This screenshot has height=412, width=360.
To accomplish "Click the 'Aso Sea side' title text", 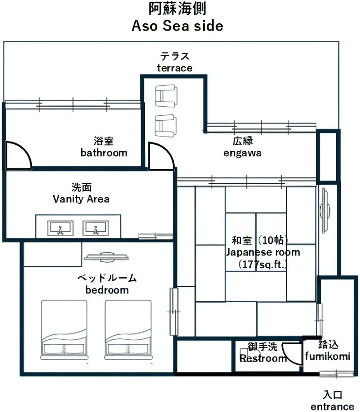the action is [x=177, y=26].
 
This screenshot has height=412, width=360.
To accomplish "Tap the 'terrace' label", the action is [x=175, y=68].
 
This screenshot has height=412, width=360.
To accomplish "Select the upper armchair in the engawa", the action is [x=166, y=96].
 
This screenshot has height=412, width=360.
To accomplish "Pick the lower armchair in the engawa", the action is [x=166, y=126].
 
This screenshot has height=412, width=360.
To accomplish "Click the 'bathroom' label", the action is [x=104, y=153].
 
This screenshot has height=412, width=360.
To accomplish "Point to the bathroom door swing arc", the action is [x=25, y=150].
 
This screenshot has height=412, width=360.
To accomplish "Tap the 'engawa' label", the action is [x=242, y=153].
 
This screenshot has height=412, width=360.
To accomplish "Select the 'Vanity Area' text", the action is [x=81, y=199].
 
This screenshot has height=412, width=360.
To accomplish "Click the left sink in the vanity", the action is [x=60, y=228].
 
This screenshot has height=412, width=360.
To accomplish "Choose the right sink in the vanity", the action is [x=96, y=228].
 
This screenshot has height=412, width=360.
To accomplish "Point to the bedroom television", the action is [x=106, y=257].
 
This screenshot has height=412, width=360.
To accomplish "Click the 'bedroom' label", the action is [x=107, y=290].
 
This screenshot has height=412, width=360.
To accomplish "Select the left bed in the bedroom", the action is [x=64, y=329].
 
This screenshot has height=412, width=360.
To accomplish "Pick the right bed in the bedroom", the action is [x=128, y=329].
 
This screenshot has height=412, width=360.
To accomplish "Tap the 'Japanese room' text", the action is [x=263, y=252].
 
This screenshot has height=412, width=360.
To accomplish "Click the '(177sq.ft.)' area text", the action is [x=263, y=264].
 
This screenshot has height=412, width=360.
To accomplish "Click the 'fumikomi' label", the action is [x=328, y=356].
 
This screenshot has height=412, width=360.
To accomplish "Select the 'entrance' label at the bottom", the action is [x=332, y=407].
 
